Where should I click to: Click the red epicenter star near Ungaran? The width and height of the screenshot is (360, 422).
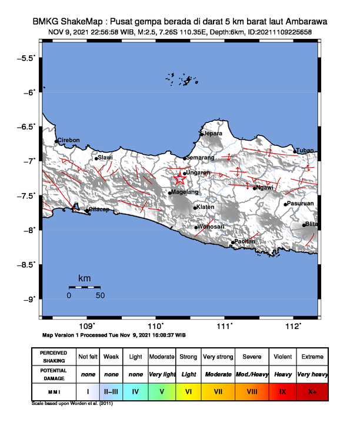[180, 181]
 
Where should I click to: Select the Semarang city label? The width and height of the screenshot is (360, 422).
[200, 158]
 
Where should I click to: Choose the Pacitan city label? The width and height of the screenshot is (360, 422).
[246, 241]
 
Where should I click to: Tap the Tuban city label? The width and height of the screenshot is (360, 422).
[305, 151]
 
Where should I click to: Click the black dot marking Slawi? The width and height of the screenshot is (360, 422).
[96, 158]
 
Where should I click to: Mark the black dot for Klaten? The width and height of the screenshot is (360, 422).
[195, 208]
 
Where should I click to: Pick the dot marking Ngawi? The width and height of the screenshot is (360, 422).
[255, 188]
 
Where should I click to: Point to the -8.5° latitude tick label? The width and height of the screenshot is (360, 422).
[25, 264]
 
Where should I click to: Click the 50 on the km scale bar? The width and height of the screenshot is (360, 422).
[100, 295]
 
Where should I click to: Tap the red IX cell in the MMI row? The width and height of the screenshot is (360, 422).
[282, 390]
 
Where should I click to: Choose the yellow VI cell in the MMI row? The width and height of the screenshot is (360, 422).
[189, 390]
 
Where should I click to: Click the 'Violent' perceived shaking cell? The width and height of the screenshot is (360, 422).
[282, 357]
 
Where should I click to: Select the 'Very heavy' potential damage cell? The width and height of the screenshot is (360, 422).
[312, 374]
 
